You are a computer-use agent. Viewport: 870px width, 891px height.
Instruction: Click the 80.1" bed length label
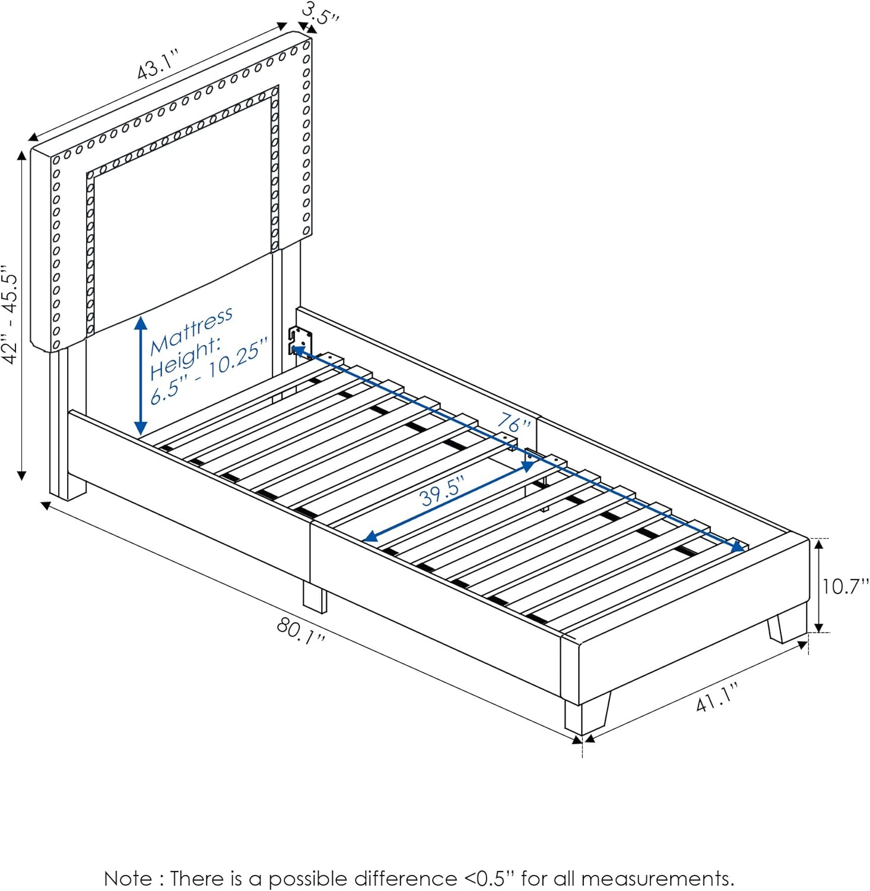click(301, 631)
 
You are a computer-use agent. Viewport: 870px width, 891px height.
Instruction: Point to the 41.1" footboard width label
click(717, 697)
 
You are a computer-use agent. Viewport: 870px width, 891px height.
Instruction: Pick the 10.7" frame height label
click(844, 586)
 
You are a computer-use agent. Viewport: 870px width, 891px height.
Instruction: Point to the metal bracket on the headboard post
click(300, 342)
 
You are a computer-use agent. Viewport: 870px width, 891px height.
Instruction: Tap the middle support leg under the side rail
click(315, 597)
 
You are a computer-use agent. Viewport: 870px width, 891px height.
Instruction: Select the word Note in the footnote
click(128, 878)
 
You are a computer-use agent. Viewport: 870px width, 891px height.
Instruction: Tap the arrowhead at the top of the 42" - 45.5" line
click(22, 156)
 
